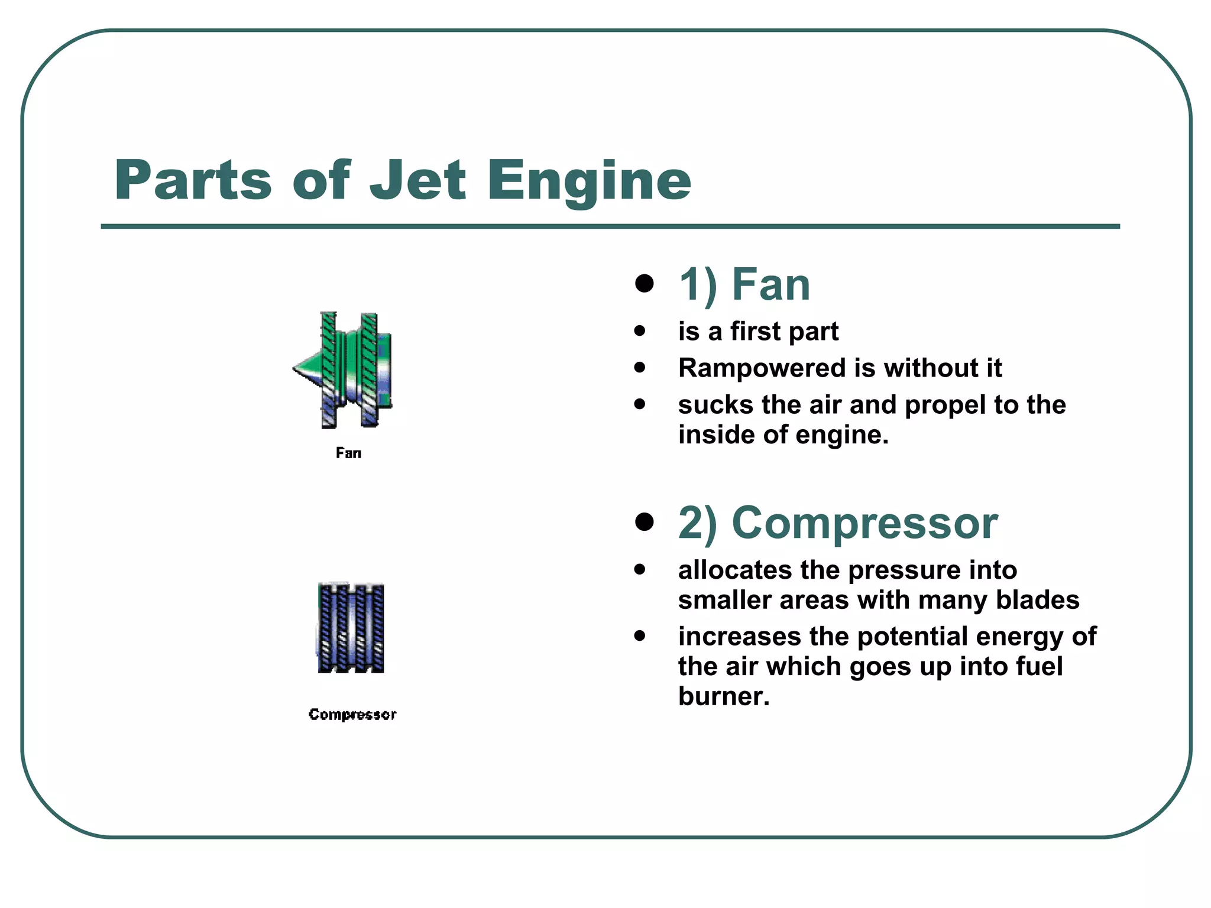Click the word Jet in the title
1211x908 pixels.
pos(417,180)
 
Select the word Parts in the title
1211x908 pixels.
pos(193,180)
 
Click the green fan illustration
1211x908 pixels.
pos(346,369)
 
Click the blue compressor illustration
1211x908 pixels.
pos(351,628)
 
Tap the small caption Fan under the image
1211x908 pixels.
pos(348,453)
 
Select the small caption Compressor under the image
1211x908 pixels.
pos(352,715)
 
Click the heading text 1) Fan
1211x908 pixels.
pos(744,285)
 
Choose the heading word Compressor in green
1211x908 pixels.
pos(864,523)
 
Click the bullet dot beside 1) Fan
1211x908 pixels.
pos(644,284)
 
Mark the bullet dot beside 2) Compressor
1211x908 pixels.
pos(644,522)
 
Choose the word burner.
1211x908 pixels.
pos(723,696)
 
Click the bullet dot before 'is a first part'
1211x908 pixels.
pos(639,331)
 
